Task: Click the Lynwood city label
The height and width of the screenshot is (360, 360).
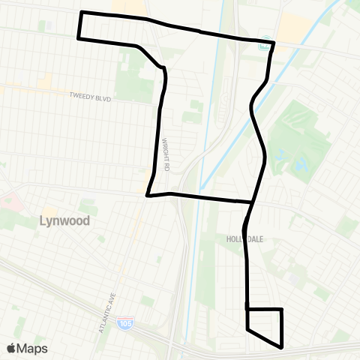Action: (x=64, y=221)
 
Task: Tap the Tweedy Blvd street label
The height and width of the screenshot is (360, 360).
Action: (x=90, y=96)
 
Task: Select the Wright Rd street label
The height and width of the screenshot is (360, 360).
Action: (x=168, y=154)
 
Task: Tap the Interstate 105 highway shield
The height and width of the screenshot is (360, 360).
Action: (x=123, y=324)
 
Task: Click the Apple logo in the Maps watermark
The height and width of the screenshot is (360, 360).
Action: (x=12, y=348)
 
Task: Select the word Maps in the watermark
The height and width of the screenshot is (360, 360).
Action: (x=33, y=348)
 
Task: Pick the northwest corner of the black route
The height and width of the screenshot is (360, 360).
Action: (x=81, y=13)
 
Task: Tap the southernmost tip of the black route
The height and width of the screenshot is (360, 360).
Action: (x=281, y=347)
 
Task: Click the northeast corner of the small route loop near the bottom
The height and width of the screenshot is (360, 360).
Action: (x=281, y=309)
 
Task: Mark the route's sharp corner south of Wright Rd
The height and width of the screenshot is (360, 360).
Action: (x=147, y=196)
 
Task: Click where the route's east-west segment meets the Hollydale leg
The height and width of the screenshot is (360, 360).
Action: (x=251, y=202)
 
